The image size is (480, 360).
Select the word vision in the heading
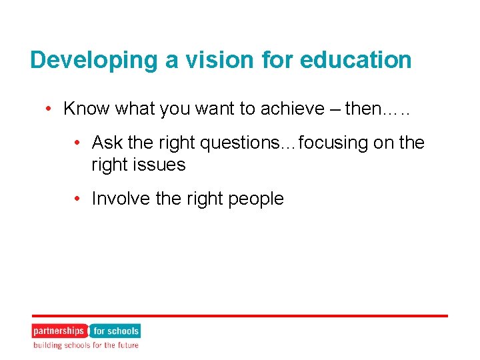185,60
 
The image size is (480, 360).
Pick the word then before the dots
361,109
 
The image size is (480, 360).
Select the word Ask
107,143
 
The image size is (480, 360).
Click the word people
253,199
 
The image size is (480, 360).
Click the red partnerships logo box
59,331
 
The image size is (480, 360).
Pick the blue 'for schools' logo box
115,331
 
